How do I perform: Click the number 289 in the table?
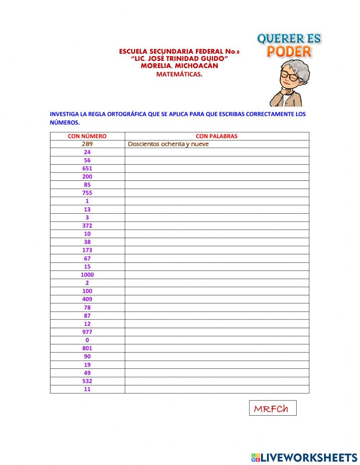(87, 144)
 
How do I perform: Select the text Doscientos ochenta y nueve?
(168, 144)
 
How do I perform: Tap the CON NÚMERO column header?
(87, 136)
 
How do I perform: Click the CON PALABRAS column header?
(216, 136)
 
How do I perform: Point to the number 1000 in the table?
(87, 275)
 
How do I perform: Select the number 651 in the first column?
(87, 169)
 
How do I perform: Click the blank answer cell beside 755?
(217, 193)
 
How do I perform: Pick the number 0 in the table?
(87, 340)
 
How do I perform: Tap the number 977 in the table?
(87, 332)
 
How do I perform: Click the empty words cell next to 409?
(217, 299)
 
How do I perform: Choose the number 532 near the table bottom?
(87, 381)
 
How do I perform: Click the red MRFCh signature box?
(273, 408)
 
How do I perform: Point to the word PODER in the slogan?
(289, 52)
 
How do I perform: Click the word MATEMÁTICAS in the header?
(178, 74)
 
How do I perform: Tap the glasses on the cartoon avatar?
(291, 76)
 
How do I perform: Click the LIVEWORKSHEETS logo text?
(309, 457)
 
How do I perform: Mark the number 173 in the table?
(87, 250)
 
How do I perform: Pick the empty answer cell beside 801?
(217, 348)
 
